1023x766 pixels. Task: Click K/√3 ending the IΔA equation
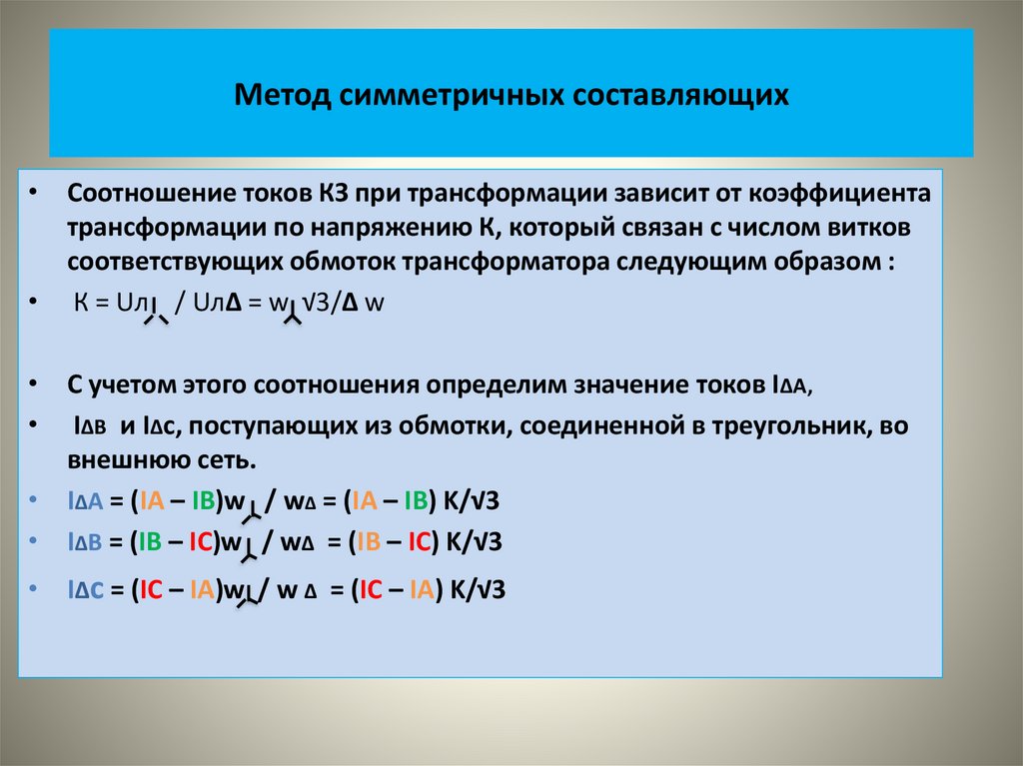coord(478,501)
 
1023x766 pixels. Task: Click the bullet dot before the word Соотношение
coord(34,192)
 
